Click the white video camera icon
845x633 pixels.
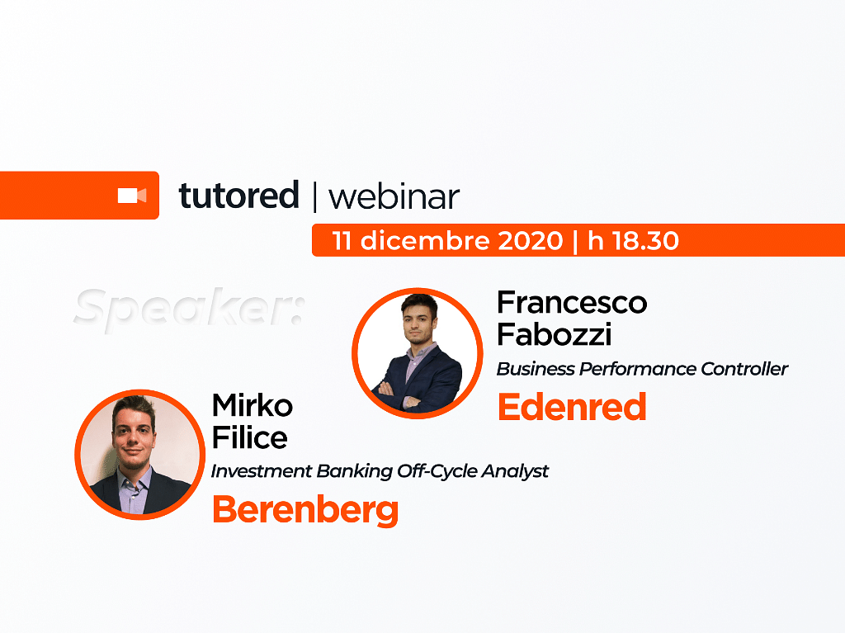pyautogui.click(x=132, y=196)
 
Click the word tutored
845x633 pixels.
pyautogui.click(x=238, y=196)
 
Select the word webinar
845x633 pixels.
pyautogui.click(x=394, y=196)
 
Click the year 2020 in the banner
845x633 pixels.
pyautogui.click(x=531, y=240)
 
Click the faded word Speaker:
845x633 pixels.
pyautogui.click(x=189, y=308)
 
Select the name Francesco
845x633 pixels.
pyautogui.click(x=572, y=303)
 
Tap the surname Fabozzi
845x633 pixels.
pyautogui.click(x=554, y=334)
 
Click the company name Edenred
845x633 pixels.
pyautogui.click(x=572, y=407)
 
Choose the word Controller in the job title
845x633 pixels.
pyautogui.click(x=744, y=369)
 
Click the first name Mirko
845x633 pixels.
pyautogui.click(x=253, y=405)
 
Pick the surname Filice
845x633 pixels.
pyautogui.click(x=250, y=437)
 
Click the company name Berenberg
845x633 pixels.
pyautogui.click(x=305, y=509)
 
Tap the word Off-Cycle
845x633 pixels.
pyautogui.click(x=437, y=472)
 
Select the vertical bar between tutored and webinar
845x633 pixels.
pyautogui.click(x=314, y=196)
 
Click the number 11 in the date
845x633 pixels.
pyautogui.click(x=342, y=240)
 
